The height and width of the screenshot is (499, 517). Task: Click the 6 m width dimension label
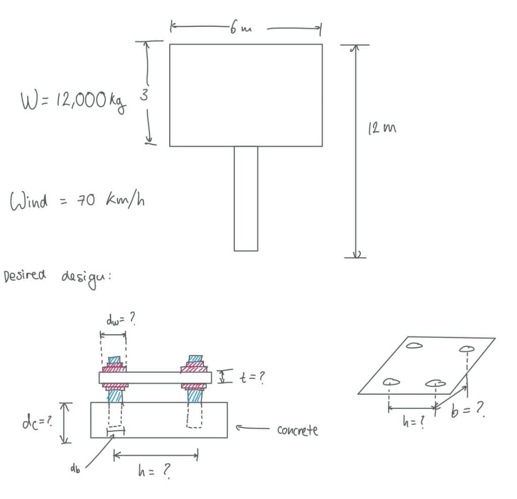[241, 28]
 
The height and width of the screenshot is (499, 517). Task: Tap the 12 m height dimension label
[382, 127]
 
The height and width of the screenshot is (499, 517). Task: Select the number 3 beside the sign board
[144, 95]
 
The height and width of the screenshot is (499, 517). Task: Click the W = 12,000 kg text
[73, 101]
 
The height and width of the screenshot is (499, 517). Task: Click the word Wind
[29, 201]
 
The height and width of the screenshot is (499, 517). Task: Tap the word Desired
[24, 276]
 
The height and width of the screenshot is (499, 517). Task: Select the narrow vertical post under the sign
[246, 199]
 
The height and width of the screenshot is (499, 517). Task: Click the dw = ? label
[121, 319]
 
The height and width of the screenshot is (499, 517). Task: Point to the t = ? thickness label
[252, 377]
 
